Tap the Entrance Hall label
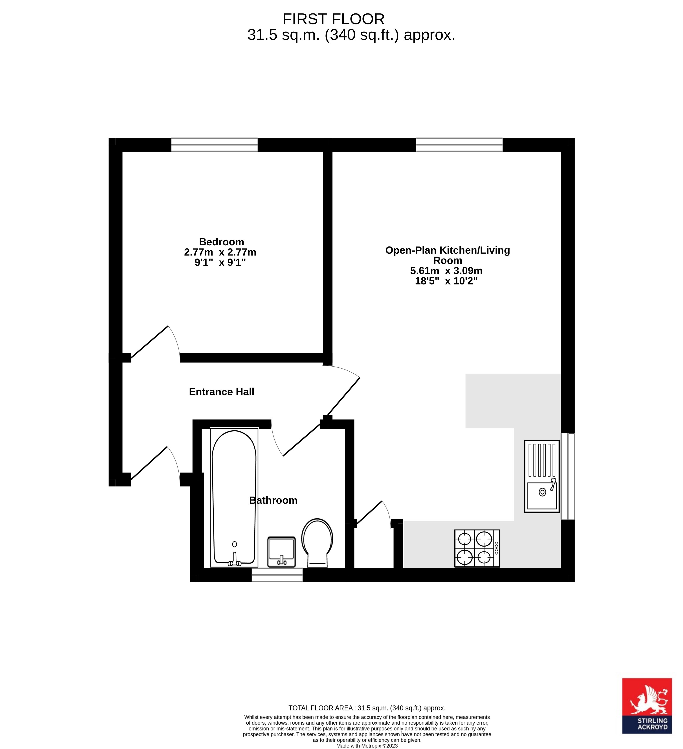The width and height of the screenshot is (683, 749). click(222, 392)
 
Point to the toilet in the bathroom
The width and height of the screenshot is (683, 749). click(317, 542)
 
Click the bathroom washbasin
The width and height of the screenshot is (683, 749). click(281, 552)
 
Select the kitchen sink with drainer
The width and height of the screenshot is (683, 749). click(542, 476)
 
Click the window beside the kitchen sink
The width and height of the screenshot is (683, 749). click(568, 476)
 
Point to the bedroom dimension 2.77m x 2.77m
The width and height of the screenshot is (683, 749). click(220, 252)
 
